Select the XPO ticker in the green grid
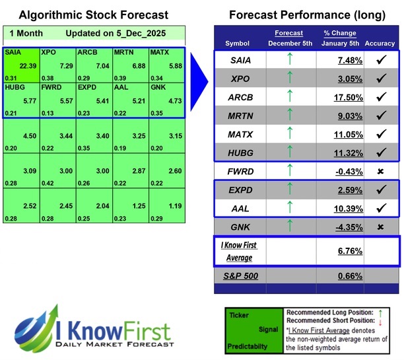click(48, 52)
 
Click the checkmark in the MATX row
click(379, 134)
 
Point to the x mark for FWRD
click(379, 171)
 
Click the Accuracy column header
click(379, 44)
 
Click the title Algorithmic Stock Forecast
click(93, 15)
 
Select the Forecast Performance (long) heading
click(307, 15)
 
